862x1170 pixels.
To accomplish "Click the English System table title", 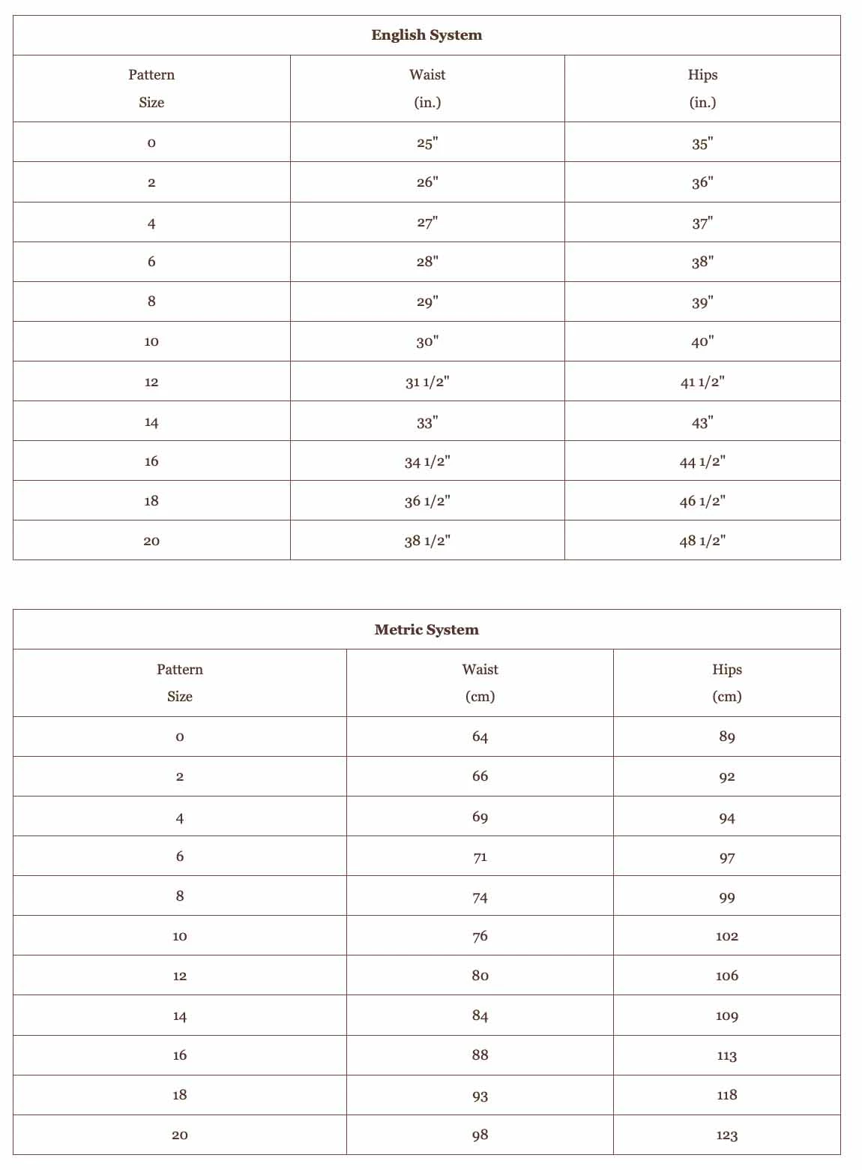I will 427,35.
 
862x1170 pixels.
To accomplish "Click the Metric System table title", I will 427,630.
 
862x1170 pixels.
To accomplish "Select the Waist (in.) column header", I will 427,88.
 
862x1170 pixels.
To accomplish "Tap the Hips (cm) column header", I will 726,682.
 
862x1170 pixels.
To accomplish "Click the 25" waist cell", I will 427,142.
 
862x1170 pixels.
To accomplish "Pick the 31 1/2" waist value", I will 427,382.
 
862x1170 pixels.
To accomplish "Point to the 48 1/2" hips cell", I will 702,541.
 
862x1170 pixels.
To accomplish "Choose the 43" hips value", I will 702,422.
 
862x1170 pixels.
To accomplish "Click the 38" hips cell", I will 702,262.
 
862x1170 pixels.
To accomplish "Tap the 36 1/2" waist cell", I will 427,501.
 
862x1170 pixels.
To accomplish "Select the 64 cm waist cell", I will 480,736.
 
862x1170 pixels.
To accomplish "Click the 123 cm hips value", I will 726,1135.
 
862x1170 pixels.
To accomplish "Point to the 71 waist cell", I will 480,856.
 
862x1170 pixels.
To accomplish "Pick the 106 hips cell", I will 726,976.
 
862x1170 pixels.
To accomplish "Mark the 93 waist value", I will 480,1095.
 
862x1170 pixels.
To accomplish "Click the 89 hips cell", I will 726,736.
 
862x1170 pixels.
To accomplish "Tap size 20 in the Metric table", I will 180,1135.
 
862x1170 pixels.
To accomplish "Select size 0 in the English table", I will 151,142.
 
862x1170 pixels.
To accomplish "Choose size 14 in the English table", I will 151,422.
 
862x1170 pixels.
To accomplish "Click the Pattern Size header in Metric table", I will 180,682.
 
